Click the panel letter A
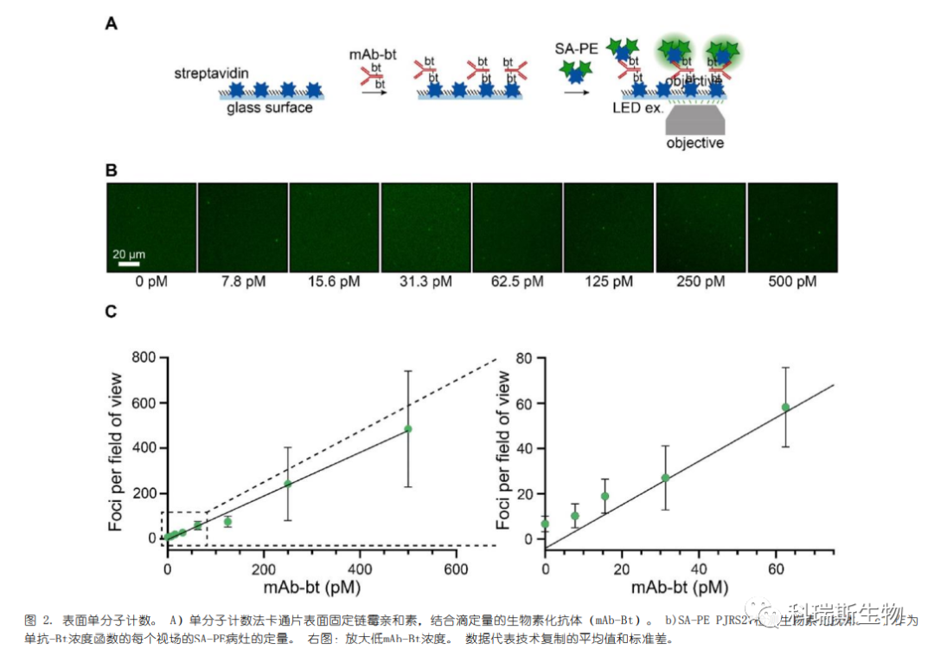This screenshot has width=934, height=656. coord(111,24)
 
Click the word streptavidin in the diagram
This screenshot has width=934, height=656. coord(211,74)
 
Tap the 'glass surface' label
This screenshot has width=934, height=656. coord(270,107)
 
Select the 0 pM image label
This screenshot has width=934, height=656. coord(151,281)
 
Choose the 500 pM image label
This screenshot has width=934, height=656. coord(793,281)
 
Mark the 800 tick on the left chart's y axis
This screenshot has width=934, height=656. coord(144,357)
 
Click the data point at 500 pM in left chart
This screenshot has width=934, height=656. coord(407,428)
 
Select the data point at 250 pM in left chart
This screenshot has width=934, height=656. coord(288,484)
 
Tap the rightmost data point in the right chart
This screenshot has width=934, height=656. coord(785,407)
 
